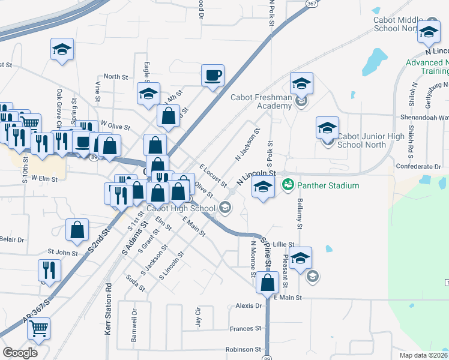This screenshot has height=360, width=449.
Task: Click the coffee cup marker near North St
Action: pos(212,76)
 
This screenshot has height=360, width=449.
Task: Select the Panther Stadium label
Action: pos(328,185)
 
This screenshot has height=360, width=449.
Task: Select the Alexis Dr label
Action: pos(249,305)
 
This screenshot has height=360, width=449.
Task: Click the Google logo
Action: pos(20,352)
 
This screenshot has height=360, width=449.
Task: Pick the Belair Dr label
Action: pos(12,239)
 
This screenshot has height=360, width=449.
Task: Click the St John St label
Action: pos(59,253)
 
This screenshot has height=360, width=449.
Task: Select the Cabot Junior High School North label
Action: pos(371,140)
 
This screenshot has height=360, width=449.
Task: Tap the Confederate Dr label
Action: pos(418,166)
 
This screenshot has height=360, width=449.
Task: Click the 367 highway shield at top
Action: pos(310,4)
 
